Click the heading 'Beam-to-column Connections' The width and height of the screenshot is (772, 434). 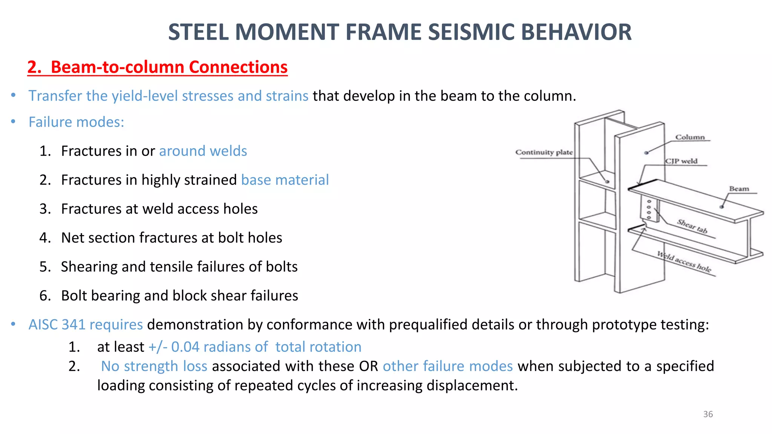(x=169, y=67)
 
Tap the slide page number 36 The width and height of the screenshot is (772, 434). (x=708, y=414)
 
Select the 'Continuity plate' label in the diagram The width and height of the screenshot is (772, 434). (x=544, y=152)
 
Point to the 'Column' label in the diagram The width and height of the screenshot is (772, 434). (x=690, y=137)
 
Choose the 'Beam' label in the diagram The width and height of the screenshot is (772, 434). (x=739, y=189)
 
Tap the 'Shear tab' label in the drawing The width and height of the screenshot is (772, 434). (x=692, y=226)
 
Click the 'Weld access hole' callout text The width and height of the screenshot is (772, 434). (x=684, y=261)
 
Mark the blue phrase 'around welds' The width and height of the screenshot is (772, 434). (x=203, y=151)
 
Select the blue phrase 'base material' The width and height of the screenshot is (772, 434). (x=285, y=180)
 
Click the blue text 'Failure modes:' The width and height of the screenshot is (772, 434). (x=76, y=122)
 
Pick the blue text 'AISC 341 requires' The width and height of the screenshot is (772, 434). (x=86, y=324)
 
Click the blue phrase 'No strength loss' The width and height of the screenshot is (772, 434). (x=154, y=366)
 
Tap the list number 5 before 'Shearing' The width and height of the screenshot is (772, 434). (x=44, y=267)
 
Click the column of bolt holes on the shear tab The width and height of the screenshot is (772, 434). (x=649, y=209)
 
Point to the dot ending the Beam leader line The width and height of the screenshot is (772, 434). (x=721, y=207)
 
